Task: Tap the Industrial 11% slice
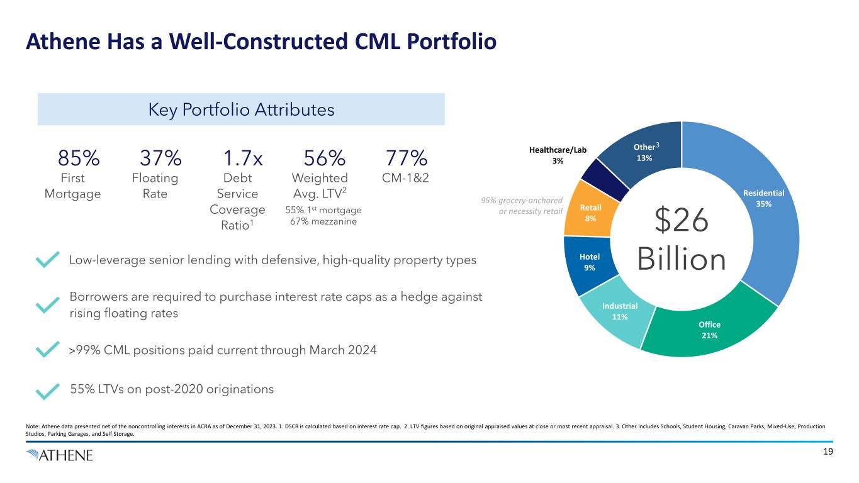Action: (620, 311)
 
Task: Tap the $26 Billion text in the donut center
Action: (682, 240)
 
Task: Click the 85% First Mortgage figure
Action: (78, 157)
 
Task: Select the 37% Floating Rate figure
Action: (160, 157)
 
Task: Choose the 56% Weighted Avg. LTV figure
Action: (325, 157)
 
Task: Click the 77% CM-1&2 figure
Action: (406, 157)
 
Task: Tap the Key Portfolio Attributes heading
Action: (241, 109)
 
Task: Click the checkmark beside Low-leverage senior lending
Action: (48, 260)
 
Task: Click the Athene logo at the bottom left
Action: (60, 455)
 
